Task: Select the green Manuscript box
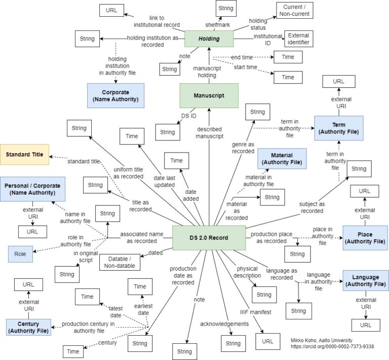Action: [x=209, y=95]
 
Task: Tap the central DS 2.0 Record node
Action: [x=209, y=238]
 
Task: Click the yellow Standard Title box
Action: [x=24, y=154]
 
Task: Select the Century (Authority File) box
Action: [x=29, y=327]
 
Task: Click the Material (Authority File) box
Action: [x=282, y=158]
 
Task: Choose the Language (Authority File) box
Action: [x=365, y=280]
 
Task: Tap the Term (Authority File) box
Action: [x=338, y=128]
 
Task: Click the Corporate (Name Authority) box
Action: [x=115, y=95]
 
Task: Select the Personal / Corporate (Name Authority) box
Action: [x=33, y=189]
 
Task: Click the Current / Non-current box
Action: [x=294, y=11]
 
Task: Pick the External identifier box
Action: [x=298, y=39]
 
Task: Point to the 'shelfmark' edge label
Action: [x=217, y=24]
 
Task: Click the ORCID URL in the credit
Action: [x=332, y=346]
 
